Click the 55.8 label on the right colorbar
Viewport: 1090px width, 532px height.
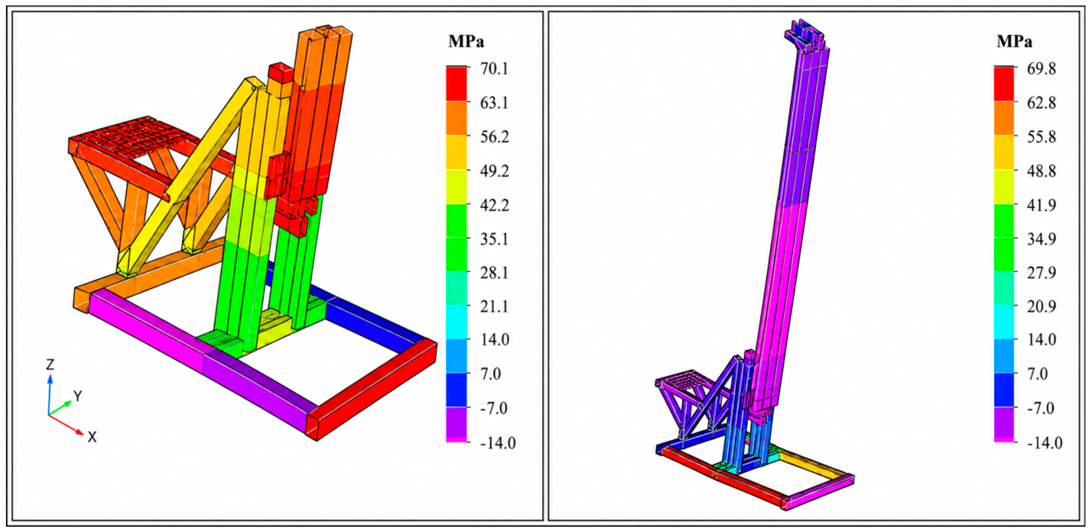coord(1042,137)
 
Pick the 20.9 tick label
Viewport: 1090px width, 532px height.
coord(1042,306)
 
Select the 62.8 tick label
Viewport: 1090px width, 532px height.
coord(1042,103)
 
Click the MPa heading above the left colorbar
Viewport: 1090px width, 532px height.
coord(466,41)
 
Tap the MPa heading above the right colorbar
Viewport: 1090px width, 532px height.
coord(1014,41)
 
